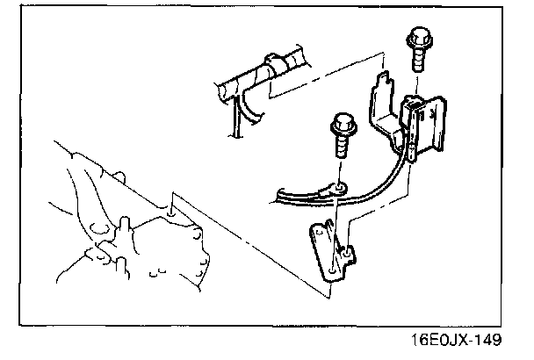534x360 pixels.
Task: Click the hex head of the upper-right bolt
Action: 418,40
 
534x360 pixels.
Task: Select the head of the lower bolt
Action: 340,126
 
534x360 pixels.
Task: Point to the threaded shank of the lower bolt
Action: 341,148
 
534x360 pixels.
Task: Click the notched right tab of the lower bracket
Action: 348,256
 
